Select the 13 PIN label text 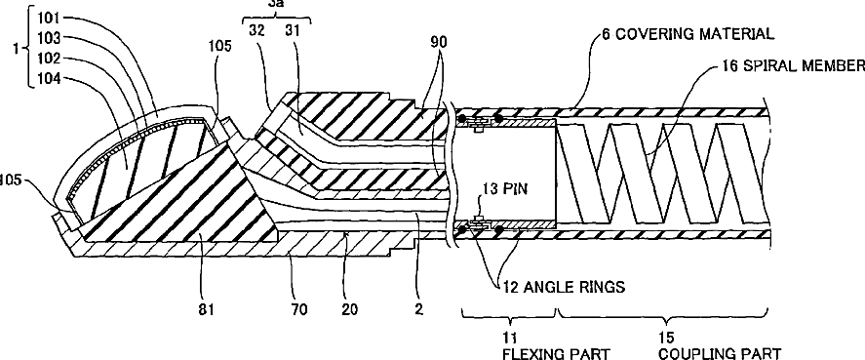tap(502, 189)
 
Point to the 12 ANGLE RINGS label tap(564, 287)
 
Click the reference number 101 tap(49, 17)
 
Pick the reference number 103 tap(49, 37)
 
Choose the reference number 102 tap(49, 59)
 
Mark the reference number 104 tap(49, 79)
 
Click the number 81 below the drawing tap(205, 309)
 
